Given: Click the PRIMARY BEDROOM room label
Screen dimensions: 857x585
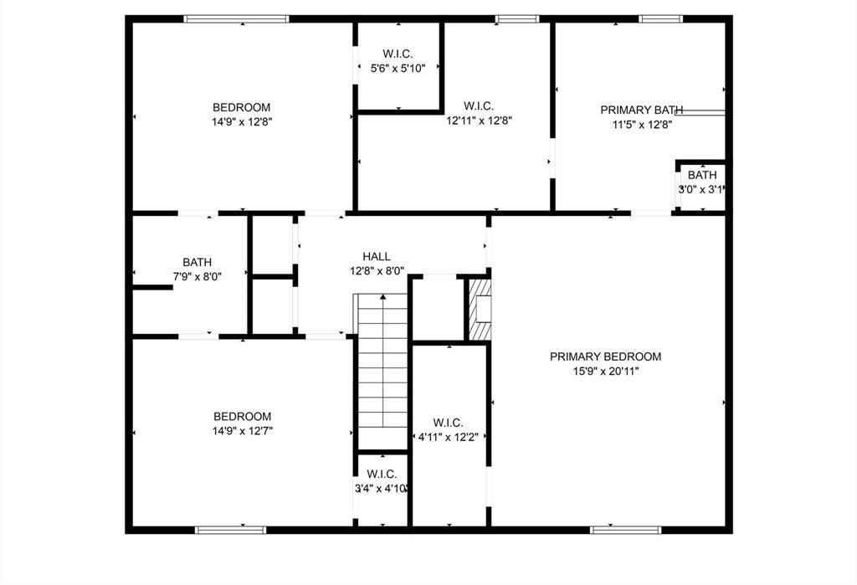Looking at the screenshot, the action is [606, 357].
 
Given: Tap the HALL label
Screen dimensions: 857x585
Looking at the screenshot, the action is [377, 256].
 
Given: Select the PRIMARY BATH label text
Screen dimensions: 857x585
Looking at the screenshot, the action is [642, 110].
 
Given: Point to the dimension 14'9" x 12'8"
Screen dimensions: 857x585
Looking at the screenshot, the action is [242, 121].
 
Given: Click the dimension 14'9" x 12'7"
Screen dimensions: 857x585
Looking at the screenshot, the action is [243, 431].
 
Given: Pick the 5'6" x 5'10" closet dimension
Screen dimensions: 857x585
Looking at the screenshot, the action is [398, 69].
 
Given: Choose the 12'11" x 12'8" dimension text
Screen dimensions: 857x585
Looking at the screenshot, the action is [480, 121].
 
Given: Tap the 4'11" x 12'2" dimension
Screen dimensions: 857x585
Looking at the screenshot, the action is [449, 437].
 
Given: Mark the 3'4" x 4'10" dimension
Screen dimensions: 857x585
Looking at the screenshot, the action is [382, 488].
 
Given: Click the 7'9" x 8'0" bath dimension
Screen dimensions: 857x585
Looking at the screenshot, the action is [198, 277].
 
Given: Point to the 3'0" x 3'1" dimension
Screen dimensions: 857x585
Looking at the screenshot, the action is [701, 190].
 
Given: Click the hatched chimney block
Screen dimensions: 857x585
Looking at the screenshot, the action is [480, 310].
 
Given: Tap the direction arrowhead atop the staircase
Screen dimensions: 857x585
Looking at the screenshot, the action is [383, 297].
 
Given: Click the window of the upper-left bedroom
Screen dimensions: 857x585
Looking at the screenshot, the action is [236, 19].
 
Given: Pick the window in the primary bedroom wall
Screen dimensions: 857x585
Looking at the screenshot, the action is [626, 530].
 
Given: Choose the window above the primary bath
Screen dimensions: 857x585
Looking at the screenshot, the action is [661, 19].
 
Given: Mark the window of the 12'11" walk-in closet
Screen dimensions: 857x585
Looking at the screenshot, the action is [517, 19].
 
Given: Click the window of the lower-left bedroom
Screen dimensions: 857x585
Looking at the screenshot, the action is [231, 530].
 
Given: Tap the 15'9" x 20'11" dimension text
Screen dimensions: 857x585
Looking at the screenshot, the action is [606, 372].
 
